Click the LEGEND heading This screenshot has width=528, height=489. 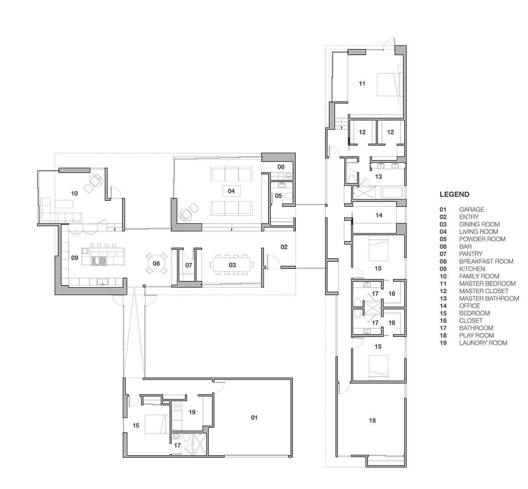pyautogui.click(x=454, y=194)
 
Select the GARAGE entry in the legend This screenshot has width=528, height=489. pyautogui.click(x=471, y=209)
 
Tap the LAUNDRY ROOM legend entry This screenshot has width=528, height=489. pyautogui.click(x=483, y=343)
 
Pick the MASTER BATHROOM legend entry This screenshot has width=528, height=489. pyautogui.click(x=489, y=298)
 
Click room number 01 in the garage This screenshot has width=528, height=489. pyautogui.click(x=254, y=418)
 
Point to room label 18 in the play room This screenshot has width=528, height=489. pyautogui.click(x=372, y=421)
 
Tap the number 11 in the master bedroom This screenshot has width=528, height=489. pyautogui.click(x=362, y=84)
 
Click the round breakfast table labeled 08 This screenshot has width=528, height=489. pyautogui.click(x=156, y=263)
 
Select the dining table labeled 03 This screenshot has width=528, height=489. pyautogui.click(x=232, y=265)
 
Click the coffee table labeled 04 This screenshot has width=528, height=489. pyautogui.click(x=231, y=191)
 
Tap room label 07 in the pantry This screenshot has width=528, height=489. pyautogui.click(x=189, y=265)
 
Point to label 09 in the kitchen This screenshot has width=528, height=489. pyautogui.click(x=75, y=258)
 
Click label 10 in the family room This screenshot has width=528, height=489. pyautogui.click(x=74, y=193)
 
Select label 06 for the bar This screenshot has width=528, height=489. pyautogui.click(x=281, y=167)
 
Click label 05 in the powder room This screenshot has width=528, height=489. pyautogui.click(x=278, y=196)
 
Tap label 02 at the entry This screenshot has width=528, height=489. pyautogui.click(x=283, y=247)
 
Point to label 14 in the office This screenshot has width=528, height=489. pyautogui.click(x=379, y=215)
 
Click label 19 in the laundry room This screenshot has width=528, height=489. pyautogui.click(x=192, y=412)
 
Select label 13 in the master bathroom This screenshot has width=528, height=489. pyautogui.click(x=378, y=177)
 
